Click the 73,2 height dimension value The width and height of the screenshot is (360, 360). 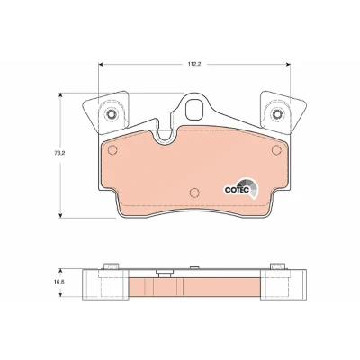pyautogui.click(x=58, y=152)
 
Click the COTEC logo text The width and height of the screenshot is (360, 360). pyautogui.click(x=237, y=190)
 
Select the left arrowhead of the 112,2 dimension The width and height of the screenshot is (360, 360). pyautogui.click(x=101, y=64)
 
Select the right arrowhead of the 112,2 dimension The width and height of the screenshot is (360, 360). pyautogui.click(x=288, y=64)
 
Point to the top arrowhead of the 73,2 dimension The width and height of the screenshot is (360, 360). pyautogui.click(x=60, y=95)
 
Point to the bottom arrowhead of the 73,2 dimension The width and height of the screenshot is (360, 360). pyautogui.click(x=60, y=215)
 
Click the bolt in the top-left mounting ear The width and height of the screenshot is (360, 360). pyautogui.click(x=112, y=113)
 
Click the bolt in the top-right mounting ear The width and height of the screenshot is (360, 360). pyautogui.click(x=276, y=113)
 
